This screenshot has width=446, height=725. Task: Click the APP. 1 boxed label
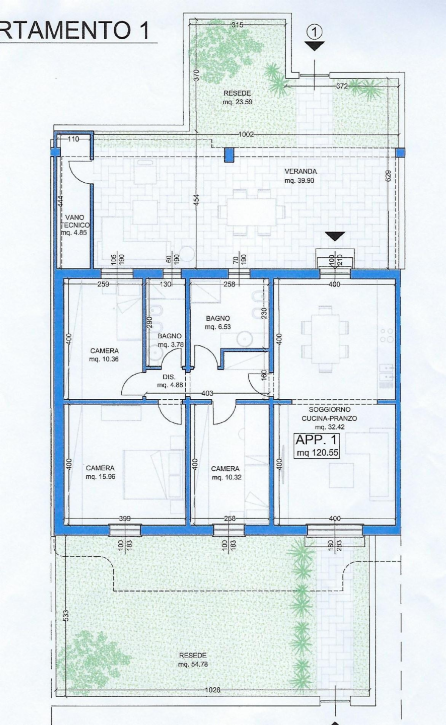coord(317,440)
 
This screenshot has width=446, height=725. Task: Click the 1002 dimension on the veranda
coord(246,134)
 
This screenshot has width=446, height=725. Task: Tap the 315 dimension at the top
coord(237,25)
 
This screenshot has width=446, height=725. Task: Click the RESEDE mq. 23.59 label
coord(237,98)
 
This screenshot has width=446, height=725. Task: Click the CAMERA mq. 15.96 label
coord(100,472)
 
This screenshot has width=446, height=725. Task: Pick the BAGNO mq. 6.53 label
coord(218,322)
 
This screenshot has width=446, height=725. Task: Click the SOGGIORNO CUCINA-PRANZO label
coord(329,414)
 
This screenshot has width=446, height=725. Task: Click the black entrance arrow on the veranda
coord(335,236)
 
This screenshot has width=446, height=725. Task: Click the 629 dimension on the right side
coord(389,176)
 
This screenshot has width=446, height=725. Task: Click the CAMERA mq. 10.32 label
coord(226,473)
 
